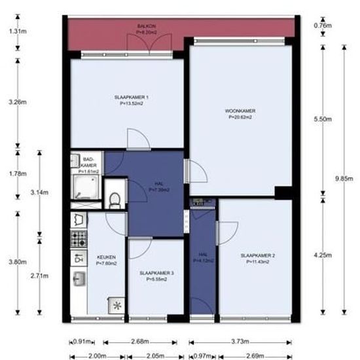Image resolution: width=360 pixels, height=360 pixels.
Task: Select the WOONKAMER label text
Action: (x=240, y=112)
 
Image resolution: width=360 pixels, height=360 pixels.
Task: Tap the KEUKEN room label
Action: (x=106, y=257)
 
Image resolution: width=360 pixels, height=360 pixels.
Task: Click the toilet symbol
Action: (x=116, y=199)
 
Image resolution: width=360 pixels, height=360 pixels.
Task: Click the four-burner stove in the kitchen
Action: (x=79, y=237)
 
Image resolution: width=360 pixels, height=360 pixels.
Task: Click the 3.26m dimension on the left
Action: (x=18, y=102)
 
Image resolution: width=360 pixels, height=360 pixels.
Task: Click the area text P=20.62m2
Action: (x=240, y=118)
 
